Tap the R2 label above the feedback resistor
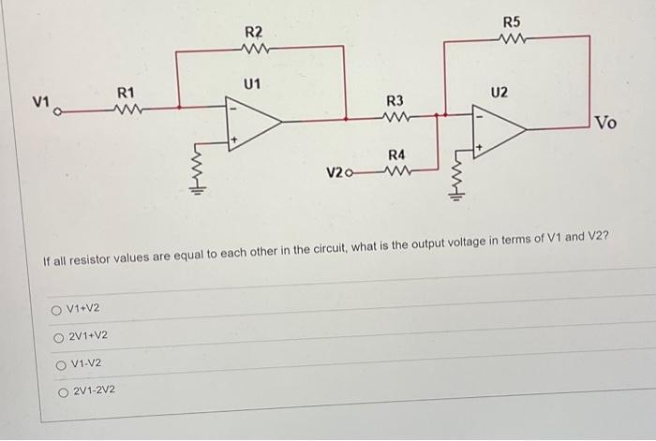(253, 33)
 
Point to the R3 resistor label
(395, 100)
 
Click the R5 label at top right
(511, 21)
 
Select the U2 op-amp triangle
(499, 131)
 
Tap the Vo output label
(606, 123)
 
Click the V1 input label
(39, 100)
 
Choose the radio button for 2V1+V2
(59, 336)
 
